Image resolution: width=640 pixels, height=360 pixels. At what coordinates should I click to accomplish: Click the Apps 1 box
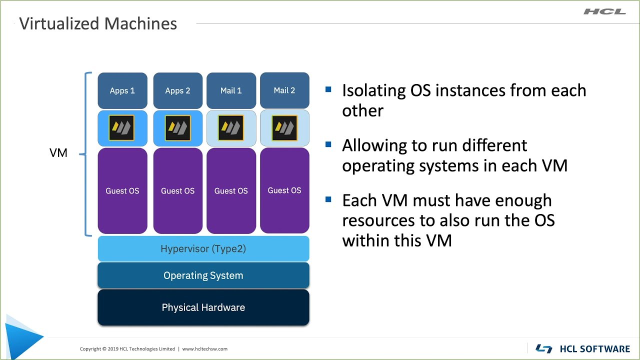pos(122,90)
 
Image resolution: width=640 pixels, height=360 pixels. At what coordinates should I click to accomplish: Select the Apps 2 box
pos(177,90)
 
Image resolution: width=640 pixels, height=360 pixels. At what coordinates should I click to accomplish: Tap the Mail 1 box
pos(231,90)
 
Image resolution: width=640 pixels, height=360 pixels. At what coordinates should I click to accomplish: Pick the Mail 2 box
pos(284,90)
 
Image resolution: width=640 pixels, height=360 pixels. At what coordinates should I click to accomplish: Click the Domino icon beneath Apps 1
pos(121,127)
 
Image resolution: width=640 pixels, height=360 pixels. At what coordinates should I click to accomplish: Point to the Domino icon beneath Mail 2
pos(284,127)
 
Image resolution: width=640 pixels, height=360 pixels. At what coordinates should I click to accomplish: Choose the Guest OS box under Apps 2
pos(177,190)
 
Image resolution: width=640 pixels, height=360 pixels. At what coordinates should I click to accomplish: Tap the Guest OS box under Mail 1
pos(231,190)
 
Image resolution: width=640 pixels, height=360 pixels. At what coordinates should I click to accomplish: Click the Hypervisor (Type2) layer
pos(203,248)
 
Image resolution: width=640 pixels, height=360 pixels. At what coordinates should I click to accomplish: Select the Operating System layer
pos(203,275)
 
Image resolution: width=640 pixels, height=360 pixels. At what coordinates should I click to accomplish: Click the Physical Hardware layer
pos(203,307)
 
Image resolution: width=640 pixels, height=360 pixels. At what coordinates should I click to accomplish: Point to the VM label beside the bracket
pos(58,153)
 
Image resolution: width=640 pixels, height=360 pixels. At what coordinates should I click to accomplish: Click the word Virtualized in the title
pos(59,23)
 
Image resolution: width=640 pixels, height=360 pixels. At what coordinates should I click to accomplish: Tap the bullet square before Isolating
pos(328,89)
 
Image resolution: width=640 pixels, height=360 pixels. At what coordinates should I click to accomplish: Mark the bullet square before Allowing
pos(328,144)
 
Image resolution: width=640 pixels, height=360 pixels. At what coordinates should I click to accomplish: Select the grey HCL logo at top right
pos(604,11)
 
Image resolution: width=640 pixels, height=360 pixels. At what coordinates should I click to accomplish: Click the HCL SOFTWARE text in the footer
pos(595,349)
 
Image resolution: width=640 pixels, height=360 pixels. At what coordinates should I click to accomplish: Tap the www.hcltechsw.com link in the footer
pos(205,349)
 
